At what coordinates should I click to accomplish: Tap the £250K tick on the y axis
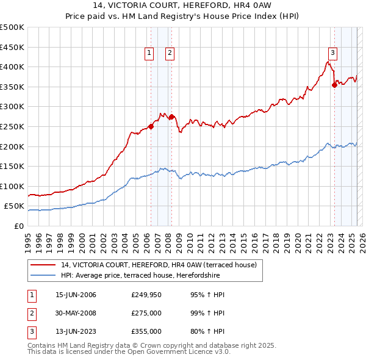tap(13, 126)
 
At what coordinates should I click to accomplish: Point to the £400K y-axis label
tap(13, 67)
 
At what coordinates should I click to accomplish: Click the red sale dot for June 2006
tap(151, 126)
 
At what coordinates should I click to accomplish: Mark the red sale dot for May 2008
tap(171, 117)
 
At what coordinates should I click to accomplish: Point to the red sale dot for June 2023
tap(334, 85)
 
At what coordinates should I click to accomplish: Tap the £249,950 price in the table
tap(146, 295)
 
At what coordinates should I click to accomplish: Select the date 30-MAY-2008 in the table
tap(76, 313)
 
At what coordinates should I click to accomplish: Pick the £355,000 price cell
tap(146, 331)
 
